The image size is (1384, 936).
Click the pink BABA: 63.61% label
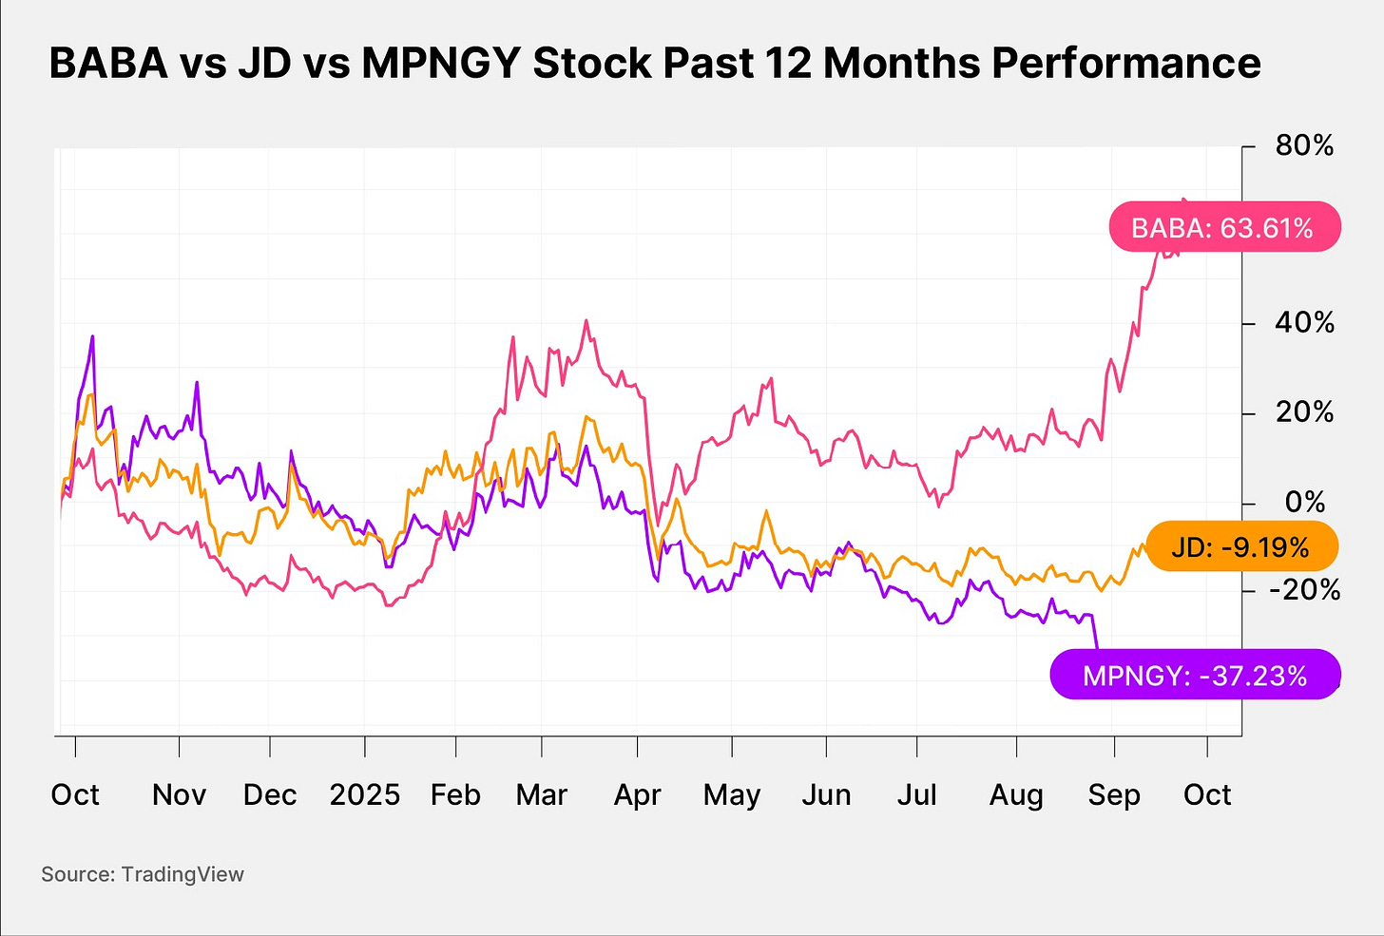click(x=1224, y=228)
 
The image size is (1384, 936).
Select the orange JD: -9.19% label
click(x=1240, y=547)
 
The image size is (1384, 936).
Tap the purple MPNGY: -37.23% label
click(x=1195, y=676)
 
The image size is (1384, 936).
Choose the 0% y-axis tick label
click(x=1305, y=502)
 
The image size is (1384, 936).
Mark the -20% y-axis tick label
click(x=1304, y=590)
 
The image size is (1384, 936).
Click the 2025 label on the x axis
click(x=364, y=794)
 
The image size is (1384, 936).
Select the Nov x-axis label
click(x=179, y=794)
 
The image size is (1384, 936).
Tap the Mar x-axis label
click(x=541, y=794)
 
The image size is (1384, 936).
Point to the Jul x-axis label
click(x=916, y=794)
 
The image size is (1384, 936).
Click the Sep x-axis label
click(x=1113, y=794)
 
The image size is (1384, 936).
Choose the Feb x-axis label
click(x=455, y=794)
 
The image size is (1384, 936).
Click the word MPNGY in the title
click(x=442, y=64)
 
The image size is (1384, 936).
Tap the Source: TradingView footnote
click(x=143, y=874)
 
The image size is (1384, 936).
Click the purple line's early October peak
click(x=92, y=336)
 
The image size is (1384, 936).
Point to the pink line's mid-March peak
click(x=586, y=320)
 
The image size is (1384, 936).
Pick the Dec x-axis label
click(x=270, y=794)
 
